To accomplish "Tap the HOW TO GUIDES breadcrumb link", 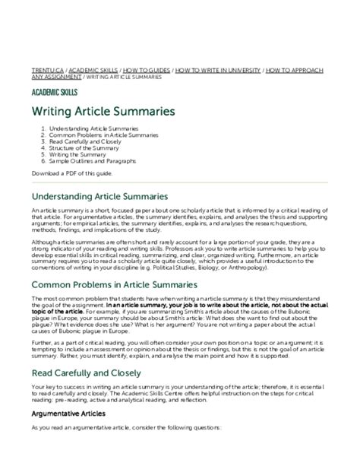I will [144, 68].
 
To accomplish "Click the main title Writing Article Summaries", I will [103, 112].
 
